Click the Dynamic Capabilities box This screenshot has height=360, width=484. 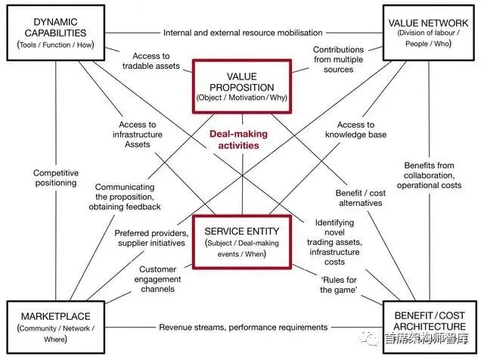(56, 33)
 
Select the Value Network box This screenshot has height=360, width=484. (428, 33)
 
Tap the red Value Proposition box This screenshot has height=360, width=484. (242, 86)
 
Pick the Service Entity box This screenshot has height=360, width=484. (242, 242)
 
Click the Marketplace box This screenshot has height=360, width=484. (56, 327)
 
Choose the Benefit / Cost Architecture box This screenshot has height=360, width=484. (430, 327)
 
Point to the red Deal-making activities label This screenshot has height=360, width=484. (239, 140)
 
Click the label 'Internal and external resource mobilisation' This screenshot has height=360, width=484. (243, 33)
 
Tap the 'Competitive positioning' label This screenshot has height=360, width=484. (56, 178)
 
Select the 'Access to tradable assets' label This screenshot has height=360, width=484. (151, 61)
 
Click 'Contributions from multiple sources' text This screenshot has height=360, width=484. (338, 59)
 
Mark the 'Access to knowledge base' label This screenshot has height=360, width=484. (355, 129)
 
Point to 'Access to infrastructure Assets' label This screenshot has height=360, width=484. (138, 135)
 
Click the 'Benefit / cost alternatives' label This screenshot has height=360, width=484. (361, 198)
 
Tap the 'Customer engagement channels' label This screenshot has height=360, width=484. (157, 279)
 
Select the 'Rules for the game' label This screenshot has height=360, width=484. (339, 284)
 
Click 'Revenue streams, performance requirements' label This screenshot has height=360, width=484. (244, 327)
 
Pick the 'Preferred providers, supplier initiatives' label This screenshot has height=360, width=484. (151, 238)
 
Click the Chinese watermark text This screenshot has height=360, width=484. (427, 339)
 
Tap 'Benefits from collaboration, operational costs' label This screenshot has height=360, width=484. (429, 175)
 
